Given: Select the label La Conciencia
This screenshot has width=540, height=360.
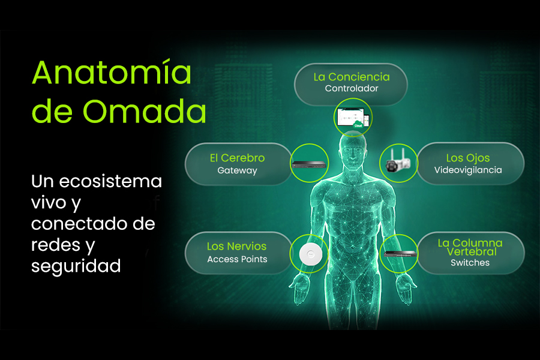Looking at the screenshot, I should click(351, 77).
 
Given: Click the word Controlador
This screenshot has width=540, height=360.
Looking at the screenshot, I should click(351, 89).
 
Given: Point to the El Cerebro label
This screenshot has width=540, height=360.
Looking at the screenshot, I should click(237, 158).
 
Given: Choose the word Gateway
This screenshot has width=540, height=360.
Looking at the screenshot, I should click(237, 170).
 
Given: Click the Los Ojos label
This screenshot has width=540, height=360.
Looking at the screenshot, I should click(468, 158).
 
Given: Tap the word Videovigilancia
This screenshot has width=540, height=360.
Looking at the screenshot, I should click(468, 170).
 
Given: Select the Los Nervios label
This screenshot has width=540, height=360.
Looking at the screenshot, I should click(236, 247).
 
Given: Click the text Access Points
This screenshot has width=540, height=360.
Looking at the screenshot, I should click(236, 259).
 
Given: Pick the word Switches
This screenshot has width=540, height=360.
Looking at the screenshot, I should click(470, 263).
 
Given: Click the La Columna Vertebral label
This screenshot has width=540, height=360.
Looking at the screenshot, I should click(470, 247).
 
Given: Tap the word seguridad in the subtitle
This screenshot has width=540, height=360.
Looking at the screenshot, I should click(76, 265).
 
